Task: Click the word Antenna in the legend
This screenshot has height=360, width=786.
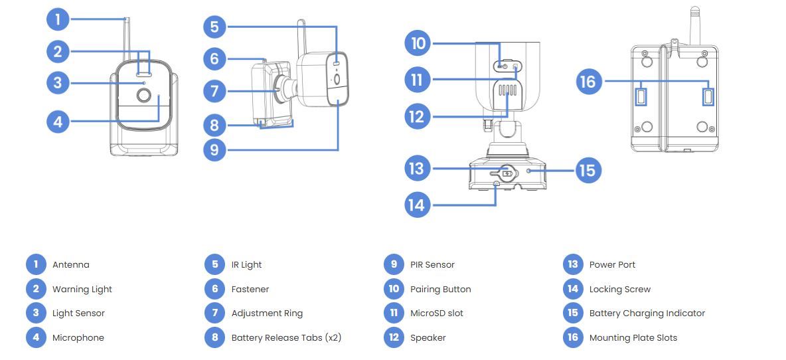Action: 70,264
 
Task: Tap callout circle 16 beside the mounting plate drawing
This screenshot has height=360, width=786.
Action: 588,82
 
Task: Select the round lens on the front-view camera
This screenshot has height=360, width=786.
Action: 143,96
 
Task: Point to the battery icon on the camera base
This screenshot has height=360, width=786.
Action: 508,173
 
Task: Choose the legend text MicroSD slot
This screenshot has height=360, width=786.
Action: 436,313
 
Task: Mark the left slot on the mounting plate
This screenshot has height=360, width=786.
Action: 641,97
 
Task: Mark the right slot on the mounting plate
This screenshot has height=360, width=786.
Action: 708,97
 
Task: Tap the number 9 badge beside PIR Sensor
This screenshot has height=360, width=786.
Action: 394,264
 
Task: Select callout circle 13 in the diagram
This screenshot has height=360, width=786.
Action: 416,168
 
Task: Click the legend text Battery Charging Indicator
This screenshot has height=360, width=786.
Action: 647,313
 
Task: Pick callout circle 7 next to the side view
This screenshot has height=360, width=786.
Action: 214,91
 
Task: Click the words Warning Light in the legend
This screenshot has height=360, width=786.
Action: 82,289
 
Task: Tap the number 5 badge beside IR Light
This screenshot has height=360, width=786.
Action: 214,264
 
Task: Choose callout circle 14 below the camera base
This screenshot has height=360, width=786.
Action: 416,204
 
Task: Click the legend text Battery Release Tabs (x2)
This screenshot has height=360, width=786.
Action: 285,337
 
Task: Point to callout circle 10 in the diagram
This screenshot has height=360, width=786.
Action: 418,44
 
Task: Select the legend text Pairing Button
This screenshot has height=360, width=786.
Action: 440,289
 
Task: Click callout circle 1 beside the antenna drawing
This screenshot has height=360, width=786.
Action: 58,19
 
